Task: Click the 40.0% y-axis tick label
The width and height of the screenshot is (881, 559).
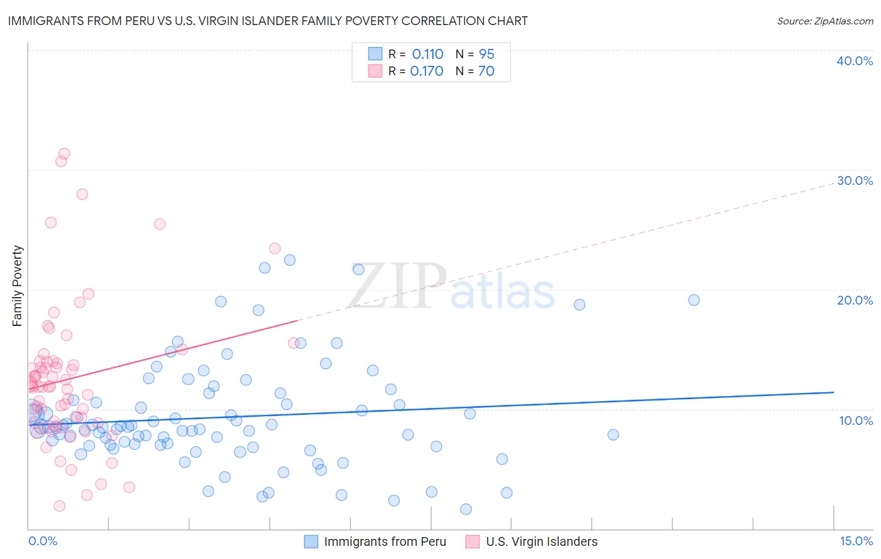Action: [x=855, y=61]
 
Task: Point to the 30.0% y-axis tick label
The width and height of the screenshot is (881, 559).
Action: [x=855, y=180]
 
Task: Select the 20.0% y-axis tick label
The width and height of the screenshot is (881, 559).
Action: [x=855, y=300]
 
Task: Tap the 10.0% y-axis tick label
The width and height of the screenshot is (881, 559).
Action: [x=856, y=421]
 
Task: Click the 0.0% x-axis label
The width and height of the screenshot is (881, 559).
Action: [x=43, y=541]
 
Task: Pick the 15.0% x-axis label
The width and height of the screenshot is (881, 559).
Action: [x=856, y=541]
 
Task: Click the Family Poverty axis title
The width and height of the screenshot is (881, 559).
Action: [x=18, y=286]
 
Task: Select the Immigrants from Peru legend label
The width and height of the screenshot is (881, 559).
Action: [x=385, y=541]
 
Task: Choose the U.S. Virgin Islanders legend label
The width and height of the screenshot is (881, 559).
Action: [x=541, y=541]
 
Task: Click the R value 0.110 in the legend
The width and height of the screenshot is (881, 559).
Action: [x=427, y=55]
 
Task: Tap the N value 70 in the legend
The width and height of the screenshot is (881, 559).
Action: [x=486, y=71]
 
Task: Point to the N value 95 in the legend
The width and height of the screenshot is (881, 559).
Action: [x=486, y=55]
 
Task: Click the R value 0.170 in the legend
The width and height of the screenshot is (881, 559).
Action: [x=427, y=71]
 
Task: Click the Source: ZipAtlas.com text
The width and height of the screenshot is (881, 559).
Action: [x=825, y=21]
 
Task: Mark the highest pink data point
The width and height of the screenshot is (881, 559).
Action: [x=64, y=154]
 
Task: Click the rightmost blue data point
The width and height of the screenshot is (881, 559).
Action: [x=694, y=300]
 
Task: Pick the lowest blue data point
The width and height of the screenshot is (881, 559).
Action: [x=466, y=509]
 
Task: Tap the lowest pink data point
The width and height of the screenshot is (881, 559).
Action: [x=60, y=506]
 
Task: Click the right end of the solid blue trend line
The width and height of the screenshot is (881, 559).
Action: [x=833, y=392]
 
